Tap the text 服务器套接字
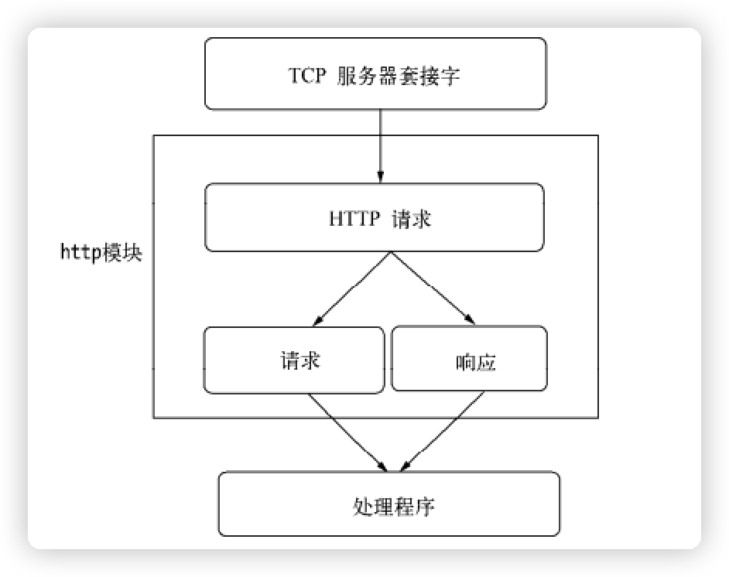[399, 75]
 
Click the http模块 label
[101, 253]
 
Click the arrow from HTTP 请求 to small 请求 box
[352, 286]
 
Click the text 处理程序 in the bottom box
[394, 507]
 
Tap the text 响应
[476, 361]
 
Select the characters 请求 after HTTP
[411, 218]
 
